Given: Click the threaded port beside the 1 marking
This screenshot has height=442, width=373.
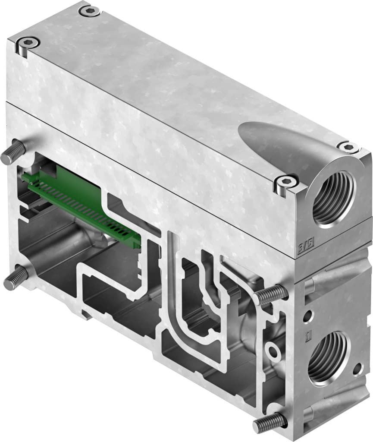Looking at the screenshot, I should tap(329, 358).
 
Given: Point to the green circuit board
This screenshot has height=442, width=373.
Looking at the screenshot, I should tap(82, 203).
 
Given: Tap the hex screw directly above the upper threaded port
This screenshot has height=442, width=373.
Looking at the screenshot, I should tap(348, 147).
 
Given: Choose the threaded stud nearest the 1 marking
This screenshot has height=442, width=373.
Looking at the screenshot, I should tap(270, 295).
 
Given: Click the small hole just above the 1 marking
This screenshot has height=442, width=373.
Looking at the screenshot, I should tap(307, 317).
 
